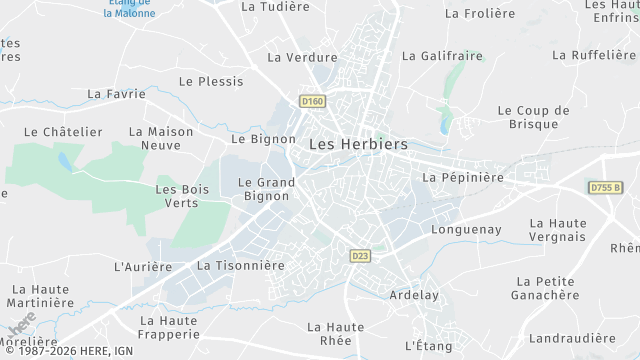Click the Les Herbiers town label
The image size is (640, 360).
pos(358,144)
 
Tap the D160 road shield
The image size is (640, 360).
pos(312,101)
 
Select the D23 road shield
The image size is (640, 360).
pos(361,257)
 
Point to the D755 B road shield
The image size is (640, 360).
pos(605,188)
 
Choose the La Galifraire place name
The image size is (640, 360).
pos(441,56)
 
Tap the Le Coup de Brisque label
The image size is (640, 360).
pos(533,118)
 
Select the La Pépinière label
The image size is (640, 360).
pos(463,177)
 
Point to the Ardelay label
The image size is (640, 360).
pos(412,295)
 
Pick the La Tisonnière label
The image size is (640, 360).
pos(241,266)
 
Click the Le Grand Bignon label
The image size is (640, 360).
pos(266,189)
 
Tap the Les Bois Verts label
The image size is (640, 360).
pos(176,196)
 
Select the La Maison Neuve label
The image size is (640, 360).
pos(162,138)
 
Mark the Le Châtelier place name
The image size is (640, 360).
pos(63,132)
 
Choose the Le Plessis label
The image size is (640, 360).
pos(211,81)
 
